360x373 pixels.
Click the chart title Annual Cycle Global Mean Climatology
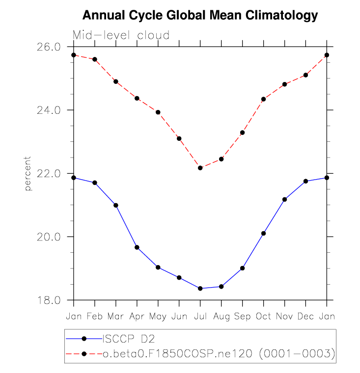200,16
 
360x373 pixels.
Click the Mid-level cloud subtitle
121,35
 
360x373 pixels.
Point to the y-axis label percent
28,173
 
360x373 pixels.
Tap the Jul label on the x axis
200,317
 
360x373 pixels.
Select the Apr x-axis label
137,317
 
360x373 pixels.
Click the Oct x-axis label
264,317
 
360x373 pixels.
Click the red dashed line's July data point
200,168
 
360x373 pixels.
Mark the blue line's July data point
200,289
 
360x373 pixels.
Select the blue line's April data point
137,247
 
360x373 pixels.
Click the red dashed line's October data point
264,99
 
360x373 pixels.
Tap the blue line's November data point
285,199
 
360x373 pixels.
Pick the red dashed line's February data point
95,59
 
